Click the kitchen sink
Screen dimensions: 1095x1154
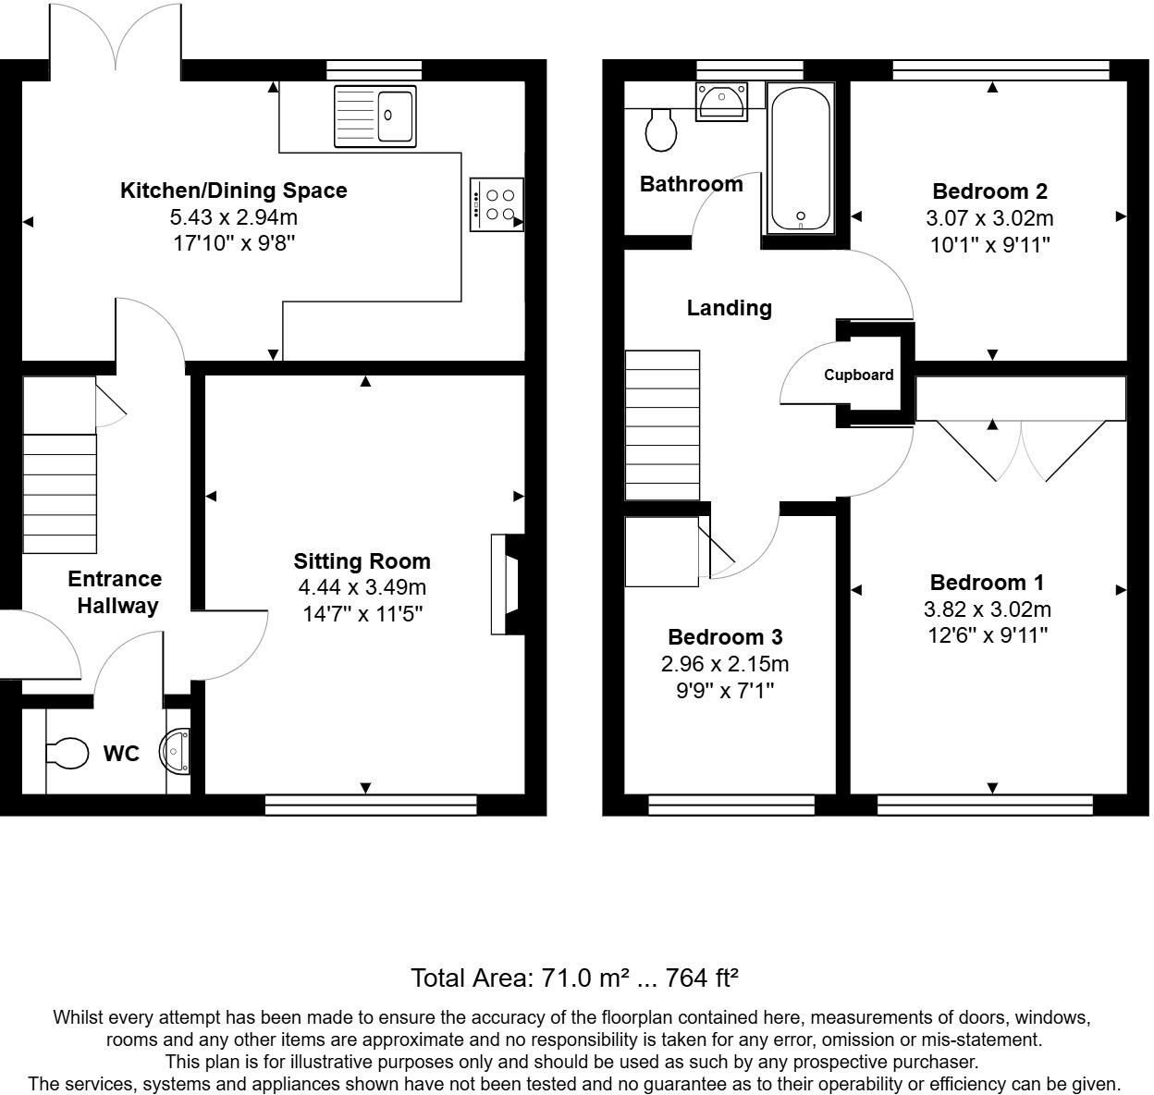coord(374,115)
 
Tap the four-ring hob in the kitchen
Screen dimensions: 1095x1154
coord(497,204)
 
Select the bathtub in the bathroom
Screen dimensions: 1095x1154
coord(799,158)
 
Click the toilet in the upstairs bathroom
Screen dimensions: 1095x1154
coord(660,129)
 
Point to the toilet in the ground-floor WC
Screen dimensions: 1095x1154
coord(66,752)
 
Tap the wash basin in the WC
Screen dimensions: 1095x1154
coord(176,750)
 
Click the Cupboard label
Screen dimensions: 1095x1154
coord(859,375)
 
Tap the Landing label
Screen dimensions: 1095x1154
coord(729,308)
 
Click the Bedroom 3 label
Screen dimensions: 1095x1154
coord(725,637)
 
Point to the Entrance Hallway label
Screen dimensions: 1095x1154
coord(116,592)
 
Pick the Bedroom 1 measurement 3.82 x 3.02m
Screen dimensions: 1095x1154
coord(987,609)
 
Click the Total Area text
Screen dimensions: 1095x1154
coord(573,978)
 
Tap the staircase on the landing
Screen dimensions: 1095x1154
coord(662,424)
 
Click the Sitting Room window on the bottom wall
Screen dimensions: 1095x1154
coord(371,806)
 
